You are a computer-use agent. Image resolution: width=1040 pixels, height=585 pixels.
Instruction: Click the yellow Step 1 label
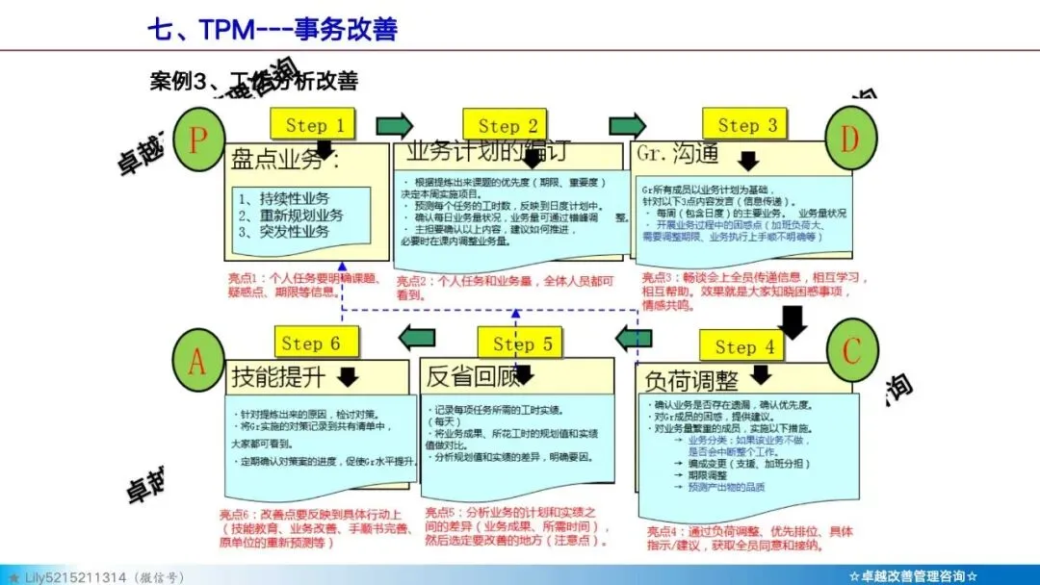pyautogui.click(x=314, y=125)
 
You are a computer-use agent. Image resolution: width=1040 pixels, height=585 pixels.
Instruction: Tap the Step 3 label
pyautogui.click(x=746, y=125)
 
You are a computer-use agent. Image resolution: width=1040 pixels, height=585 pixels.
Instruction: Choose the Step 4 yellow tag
pyautogui.click(x=744, y=347)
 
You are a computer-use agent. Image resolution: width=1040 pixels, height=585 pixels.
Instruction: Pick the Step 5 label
pyautogui.click(x=522, y=343)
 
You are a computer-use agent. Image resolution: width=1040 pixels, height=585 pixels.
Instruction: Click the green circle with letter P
pyautogui.click(x=198, y=140)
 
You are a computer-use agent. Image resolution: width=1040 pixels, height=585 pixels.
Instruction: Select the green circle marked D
pyautogui.click(x=848, y=140)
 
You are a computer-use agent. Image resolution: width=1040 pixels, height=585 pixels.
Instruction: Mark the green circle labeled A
pyautogui.click(x=197, y=362)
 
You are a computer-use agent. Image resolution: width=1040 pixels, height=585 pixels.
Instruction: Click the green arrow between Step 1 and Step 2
pyautogui.click(x=393, y=126)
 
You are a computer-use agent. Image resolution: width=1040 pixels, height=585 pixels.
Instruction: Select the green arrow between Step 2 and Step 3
pyautogui.click(x=627, y=126)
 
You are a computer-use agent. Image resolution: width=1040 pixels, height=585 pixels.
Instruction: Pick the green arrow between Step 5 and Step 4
pyautogui.click(x=634, y=338)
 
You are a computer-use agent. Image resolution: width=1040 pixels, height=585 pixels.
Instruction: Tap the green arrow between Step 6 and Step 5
pyautogui.click(x=417, y=337)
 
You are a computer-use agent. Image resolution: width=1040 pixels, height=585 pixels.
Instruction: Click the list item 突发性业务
pyautogui.click(x=291, y=232)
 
